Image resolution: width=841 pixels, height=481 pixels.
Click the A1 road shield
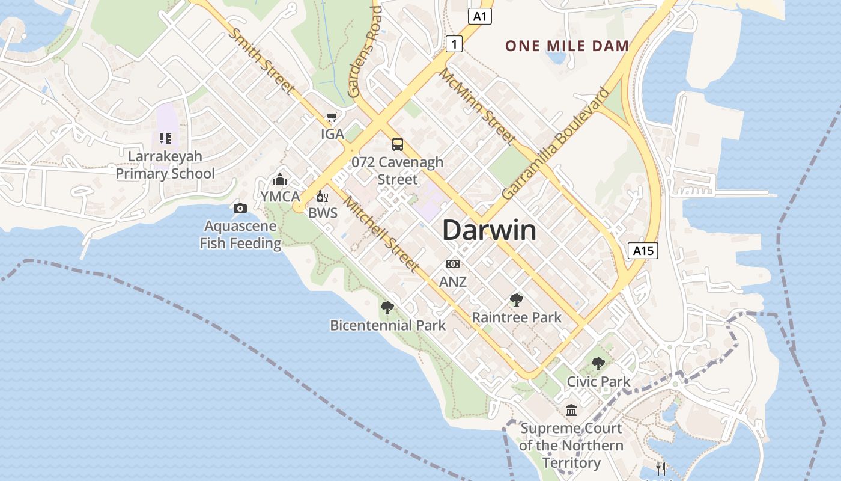click(x=479, y=16)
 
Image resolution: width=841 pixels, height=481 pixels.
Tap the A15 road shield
click(x=643, y=250)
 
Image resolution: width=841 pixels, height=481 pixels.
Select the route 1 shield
click(x=454, y=43)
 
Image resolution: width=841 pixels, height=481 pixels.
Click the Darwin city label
click(x=489, y=231)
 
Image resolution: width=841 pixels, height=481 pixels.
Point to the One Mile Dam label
click(x=566, y=46)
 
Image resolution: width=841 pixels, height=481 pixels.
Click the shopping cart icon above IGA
click(x=332, y=117)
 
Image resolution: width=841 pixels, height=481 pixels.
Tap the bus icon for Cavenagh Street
click(x=398, y=144)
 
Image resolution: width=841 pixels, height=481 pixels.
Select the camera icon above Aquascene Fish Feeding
click(x=240, y=208)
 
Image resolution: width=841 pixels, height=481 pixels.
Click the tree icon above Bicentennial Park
click(x=387, y=308)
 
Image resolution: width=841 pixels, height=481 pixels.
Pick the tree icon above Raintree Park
click(x=516, y=299)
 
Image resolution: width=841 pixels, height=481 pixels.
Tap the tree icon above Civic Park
click(x=598, y=363)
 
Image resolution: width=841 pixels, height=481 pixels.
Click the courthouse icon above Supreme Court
click(x=571, y=410)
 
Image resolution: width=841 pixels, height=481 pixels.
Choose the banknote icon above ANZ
click(x=453, y=263)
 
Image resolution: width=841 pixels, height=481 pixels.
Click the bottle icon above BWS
click(x=323, y=196)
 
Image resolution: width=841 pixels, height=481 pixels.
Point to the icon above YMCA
click(x=279, y=179)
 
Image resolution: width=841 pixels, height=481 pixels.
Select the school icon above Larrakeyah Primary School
click(x=165, y=138)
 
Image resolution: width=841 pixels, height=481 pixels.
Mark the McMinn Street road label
click(x=478, y=106)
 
